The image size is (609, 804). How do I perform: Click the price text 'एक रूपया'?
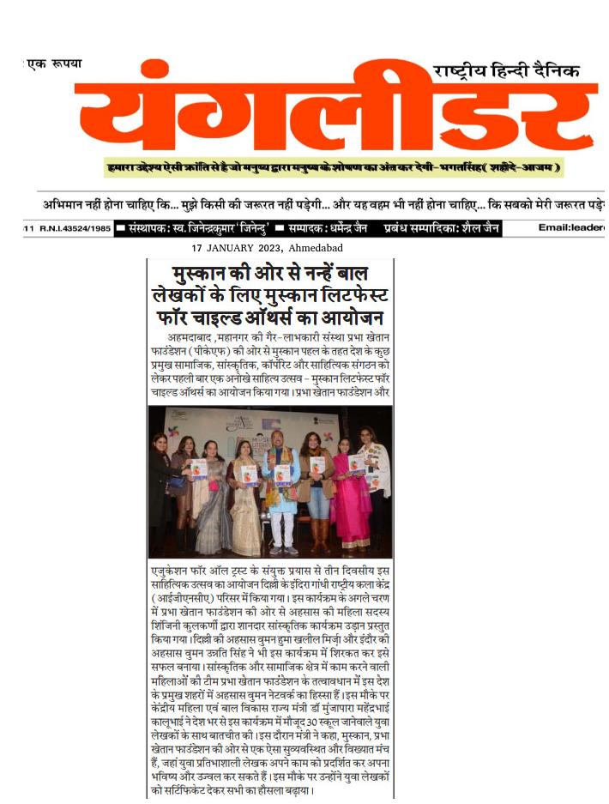tap(53, 64)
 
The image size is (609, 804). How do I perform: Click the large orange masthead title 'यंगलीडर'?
tap(335, 116)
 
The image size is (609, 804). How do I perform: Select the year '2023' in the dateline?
tap(266, 248)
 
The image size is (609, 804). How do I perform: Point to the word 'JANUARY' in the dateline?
tap(229, 248)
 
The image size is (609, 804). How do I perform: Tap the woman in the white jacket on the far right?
tap(375, 481)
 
